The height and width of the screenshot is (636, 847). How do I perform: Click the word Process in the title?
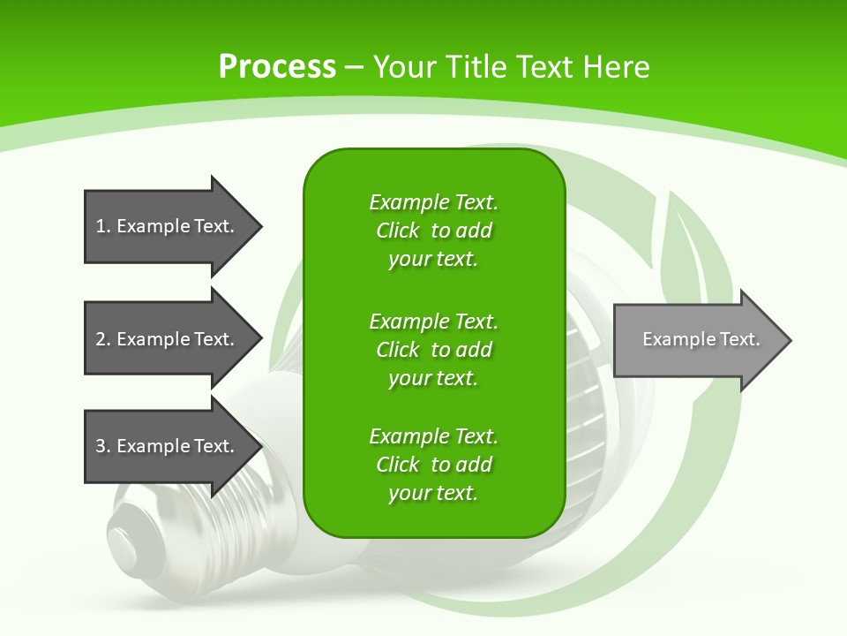[277, 66]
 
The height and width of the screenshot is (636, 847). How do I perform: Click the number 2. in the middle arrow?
[102, 339]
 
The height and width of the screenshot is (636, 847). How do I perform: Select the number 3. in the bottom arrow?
[102, 446]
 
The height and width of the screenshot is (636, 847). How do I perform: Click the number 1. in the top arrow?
[102, 226]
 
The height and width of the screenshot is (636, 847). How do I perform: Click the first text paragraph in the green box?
[433, 231]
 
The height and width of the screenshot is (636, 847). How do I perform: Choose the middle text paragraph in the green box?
[433, 350]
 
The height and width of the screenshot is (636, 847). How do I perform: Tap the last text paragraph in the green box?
[433, 465]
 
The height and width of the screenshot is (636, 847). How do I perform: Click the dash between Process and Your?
[354, 67]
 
